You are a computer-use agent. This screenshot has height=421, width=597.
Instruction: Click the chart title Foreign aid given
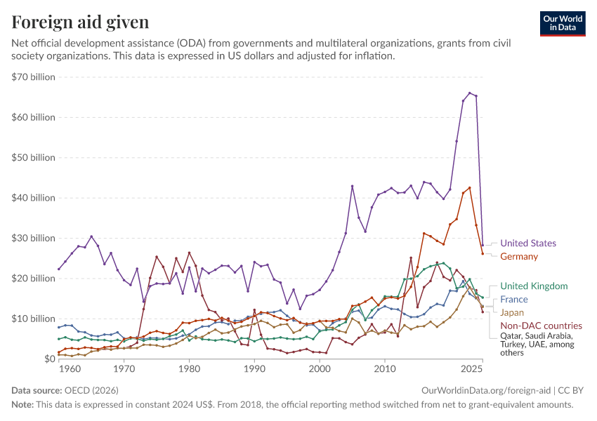tap(80, 22)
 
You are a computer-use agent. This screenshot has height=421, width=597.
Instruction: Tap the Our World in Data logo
tap(563, 24)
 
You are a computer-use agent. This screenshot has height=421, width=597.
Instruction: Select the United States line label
tap(528, 243)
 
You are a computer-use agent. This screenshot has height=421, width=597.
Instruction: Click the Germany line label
tap(519, 256)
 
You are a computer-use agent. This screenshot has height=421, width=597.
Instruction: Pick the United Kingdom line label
tap(534, 286)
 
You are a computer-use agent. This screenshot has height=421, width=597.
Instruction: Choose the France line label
tap(514, 300)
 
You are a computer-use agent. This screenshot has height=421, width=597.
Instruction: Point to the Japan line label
tap(512, 313)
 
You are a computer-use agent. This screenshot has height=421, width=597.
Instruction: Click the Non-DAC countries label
tap(541, 326)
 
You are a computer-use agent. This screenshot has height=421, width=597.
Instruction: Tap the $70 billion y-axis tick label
tap(33, 77)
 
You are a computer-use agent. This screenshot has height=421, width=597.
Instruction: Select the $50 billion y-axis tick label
tap(33, 157)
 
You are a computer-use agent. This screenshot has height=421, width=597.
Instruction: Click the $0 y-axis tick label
tap(49, 359)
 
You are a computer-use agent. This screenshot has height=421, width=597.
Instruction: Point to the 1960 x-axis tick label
tap(70, 369)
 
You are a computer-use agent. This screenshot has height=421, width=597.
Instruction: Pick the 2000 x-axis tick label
tap(320, 369)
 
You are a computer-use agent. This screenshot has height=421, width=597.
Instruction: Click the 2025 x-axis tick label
tap(472, 369)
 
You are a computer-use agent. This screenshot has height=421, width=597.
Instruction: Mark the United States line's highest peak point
tap(469, 93)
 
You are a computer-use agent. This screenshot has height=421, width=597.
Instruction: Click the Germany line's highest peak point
tap(469, 188)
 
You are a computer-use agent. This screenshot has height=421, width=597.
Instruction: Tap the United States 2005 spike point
tap(352, 187)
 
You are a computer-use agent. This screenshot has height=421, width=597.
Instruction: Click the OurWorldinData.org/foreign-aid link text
tap(486, 391)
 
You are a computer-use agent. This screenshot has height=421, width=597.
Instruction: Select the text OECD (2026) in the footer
tap(91, 391)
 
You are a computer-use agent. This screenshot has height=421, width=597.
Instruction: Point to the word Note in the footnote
tap(21, 405)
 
